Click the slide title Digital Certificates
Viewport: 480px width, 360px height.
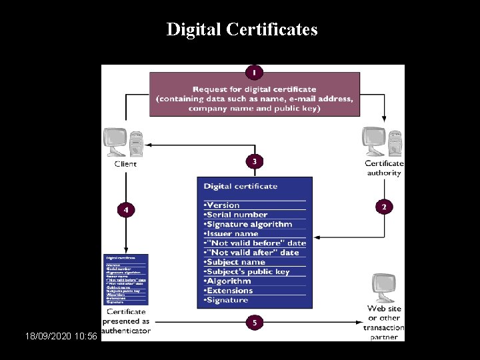(x=241, y=29)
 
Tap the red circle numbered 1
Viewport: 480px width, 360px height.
(x=253, y=71)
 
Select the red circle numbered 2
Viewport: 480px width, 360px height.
(x=383, y=207)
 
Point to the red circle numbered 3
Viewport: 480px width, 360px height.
(x=253, y=161)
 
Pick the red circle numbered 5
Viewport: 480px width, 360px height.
(x=253, y=323)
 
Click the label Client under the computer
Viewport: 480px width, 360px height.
(x=125, y=164)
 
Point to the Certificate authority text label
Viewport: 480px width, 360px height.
(x=384, y=168)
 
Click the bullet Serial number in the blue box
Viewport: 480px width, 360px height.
(x=237, y=215)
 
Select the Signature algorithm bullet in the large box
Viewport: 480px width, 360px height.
(x=249, y=224)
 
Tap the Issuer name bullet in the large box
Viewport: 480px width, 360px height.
(x=232, y=233)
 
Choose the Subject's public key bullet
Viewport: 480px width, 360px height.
(x=247, y=271)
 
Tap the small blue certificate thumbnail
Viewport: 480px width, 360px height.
(x=126, y=279)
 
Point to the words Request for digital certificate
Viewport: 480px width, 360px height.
(x=254, y=89)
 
